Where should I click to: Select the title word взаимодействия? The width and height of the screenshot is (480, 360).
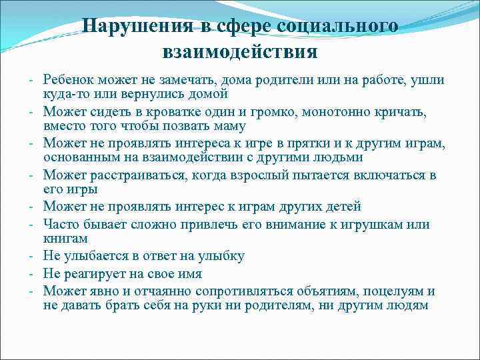(239, 51)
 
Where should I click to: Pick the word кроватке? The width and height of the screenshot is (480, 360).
(153, 111)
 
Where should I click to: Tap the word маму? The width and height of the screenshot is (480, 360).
(227, 125)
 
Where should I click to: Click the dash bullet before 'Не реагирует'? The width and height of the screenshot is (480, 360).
(32, 273)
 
